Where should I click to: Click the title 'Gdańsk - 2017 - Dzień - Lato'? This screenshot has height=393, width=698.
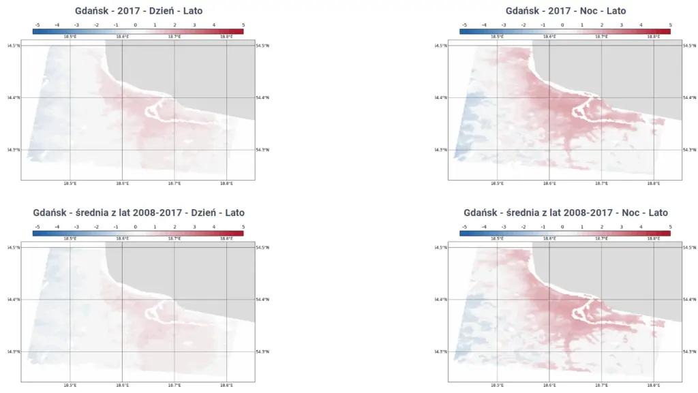[x=138, y=11]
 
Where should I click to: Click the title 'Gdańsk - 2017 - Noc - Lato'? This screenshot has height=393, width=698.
[x=565, y=11]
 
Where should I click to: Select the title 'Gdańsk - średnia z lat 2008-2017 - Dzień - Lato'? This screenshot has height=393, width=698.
[x=138, y=213]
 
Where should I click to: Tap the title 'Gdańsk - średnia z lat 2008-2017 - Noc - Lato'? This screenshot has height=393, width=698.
[x=565, y=213]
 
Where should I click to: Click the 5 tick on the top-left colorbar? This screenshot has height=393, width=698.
[x=243, y=25]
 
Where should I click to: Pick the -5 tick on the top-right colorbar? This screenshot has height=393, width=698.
[x=465, y=25]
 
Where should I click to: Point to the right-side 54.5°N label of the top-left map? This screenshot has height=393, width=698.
[x=262, y=46]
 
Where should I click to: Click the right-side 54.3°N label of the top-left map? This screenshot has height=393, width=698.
[x=262, y=150]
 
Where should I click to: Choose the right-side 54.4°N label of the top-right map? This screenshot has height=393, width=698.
[x=690, y=97]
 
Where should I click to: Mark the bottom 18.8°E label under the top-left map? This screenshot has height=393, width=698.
[x=226, y=183]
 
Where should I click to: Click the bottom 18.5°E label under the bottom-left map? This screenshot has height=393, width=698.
[x=70, y=385]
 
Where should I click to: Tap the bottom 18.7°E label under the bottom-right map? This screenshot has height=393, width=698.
[x=601, y=385]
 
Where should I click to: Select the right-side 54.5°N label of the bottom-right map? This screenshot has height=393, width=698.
[x=690, y=247]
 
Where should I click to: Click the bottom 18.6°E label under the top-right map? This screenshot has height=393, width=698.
[x=549, y=183]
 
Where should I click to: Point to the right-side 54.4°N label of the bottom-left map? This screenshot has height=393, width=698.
[x=262, y=300]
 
